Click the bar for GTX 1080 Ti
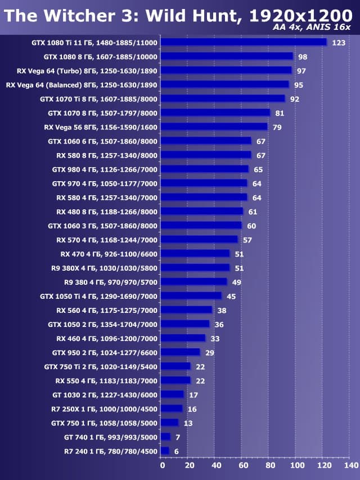244,42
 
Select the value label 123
339,43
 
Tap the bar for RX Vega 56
214,127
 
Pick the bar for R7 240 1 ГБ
165,451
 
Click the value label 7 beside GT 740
178,437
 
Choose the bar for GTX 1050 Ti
191,296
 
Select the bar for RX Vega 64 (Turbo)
226,70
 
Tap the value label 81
280,113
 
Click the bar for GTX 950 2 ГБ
181,352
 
